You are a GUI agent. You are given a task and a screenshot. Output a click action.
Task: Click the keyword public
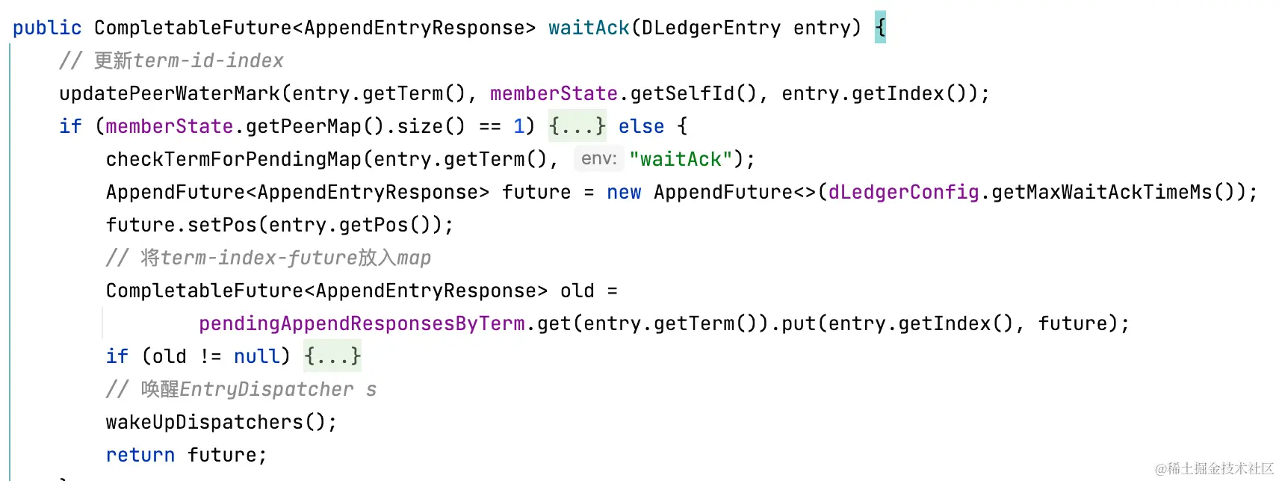(x=46, y=28)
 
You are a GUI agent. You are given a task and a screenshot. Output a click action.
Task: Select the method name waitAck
(x=589, y=28)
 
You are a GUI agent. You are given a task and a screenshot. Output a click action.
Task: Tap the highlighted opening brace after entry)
(x=880, y=28)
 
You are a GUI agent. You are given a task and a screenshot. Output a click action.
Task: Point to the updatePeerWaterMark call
(x=169, y=93)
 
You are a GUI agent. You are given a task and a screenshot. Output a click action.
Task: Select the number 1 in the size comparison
(x=519, y=126)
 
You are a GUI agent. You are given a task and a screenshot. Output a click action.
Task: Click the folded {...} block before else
(x=577, y=126)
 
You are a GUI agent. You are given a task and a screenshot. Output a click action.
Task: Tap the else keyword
(x=641, y=126)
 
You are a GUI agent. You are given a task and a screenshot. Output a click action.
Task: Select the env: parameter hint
(x=598, y=159)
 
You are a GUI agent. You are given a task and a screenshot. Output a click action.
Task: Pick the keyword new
(x=624, y=192)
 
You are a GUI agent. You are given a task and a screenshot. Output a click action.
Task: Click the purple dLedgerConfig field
(x=903, y=192)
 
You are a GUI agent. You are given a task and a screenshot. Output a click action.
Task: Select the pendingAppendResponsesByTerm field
(x=362, y=323)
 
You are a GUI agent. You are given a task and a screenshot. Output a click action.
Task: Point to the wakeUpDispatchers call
(x=203, y=422)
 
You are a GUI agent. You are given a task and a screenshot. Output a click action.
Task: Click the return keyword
(x=140, y=455)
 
